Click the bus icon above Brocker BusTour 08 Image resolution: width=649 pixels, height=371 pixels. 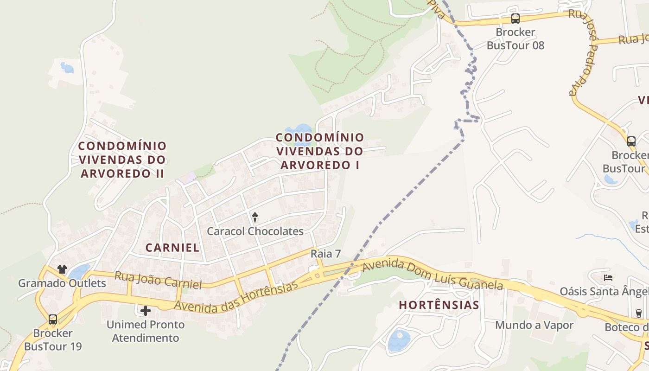point(515,19)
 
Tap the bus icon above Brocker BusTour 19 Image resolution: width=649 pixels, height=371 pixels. point(53,319)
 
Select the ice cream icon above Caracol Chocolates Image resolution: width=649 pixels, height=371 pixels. point(255,217)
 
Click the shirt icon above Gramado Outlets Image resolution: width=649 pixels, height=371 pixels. point(62,269)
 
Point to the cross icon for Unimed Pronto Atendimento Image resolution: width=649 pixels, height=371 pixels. point(146,310)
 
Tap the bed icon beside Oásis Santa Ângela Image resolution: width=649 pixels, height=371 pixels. point(609,278)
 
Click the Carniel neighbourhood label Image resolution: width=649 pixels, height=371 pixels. point(172,248)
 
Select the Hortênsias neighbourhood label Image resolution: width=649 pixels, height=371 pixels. point(439,305)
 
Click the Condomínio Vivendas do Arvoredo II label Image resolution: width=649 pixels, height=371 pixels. point(122,160)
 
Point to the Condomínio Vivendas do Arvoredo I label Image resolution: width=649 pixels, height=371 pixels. point(320,151)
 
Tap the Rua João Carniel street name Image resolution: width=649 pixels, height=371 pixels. point(158,281)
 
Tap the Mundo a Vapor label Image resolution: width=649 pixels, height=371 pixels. point(534,325)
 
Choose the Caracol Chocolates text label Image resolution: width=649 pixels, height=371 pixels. point(255,231)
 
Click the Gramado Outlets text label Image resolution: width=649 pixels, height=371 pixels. point(62,283)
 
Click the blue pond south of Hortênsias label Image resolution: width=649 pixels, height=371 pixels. point(399,340)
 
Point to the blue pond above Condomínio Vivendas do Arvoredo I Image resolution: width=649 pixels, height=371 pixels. point(299,129)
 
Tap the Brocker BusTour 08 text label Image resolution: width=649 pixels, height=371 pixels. point(515,39)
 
